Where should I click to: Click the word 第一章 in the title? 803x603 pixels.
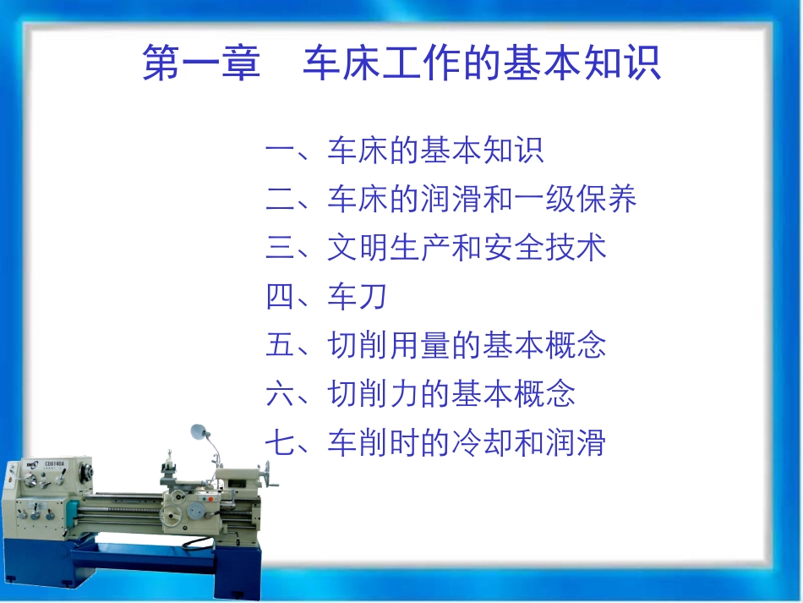pos(201,64)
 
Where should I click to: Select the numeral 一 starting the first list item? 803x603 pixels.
pos(280,151)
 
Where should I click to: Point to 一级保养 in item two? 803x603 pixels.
pos(575,200)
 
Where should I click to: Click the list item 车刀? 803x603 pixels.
pos(358,297)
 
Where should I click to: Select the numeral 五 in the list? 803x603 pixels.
pos(280,346)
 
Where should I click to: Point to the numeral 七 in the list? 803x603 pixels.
pos(280,443)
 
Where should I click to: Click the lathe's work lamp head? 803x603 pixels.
pos(199,432)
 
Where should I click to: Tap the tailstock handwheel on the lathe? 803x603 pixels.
pos(273,480)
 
